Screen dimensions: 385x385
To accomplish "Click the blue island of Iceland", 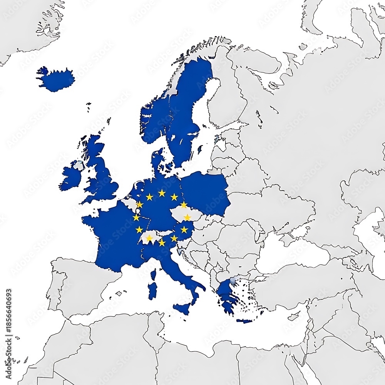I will click(57, 80).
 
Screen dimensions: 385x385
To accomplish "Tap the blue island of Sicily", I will click(182, 308).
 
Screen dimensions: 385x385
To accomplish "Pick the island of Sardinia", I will click(152, 291).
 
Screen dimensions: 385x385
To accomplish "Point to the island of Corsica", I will click(153, 275).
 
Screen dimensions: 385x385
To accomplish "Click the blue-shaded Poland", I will click(205, 192).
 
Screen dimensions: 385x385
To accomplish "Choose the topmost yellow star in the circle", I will click(162, 192).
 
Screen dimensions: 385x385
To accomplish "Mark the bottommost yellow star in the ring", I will click(162, 243).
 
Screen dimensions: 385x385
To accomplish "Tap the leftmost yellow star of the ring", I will click(136, 218).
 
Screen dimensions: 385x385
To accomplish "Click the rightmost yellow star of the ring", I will click(187, 218).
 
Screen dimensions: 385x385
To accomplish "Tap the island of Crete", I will click(244, 321).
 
